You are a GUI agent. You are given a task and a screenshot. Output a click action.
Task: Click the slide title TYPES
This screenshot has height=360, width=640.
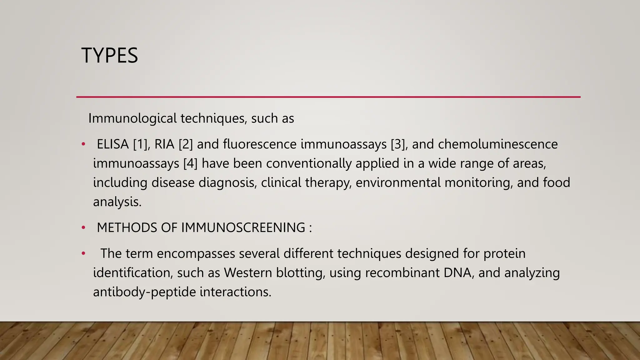(x=109, y=56)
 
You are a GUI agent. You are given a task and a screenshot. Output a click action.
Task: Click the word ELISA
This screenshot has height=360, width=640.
(x=112, y=144)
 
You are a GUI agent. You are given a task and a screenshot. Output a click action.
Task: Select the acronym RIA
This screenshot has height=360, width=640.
(x=164, y=144)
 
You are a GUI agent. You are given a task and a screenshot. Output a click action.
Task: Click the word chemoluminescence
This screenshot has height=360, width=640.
(x=497, y=144)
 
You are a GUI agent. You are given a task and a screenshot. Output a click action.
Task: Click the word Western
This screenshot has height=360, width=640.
(x=248, y=273)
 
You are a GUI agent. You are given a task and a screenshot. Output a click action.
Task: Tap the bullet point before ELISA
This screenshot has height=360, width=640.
(x=83, y=144)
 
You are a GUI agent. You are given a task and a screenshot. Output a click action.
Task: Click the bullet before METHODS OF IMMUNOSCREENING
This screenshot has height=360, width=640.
(x=83, y=228)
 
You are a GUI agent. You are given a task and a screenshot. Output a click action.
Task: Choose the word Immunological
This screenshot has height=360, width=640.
(x=132, y=118)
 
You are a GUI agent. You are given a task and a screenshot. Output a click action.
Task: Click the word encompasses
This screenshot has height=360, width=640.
(x=196, y=253)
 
